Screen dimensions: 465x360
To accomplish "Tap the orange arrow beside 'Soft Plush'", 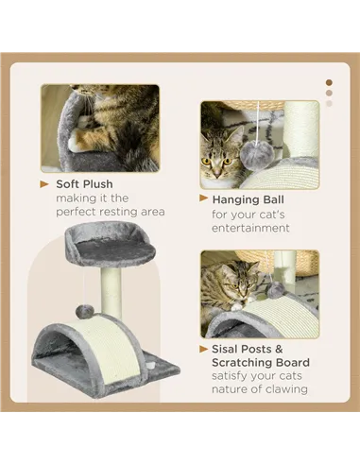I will coord(44,183).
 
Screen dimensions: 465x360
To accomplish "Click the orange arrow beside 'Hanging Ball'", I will coord(203,199).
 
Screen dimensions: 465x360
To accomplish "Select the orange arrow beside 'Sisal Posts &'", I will coord(203,349).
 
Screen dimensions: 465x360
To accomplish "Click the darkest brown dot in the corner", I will coord(329,81).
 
